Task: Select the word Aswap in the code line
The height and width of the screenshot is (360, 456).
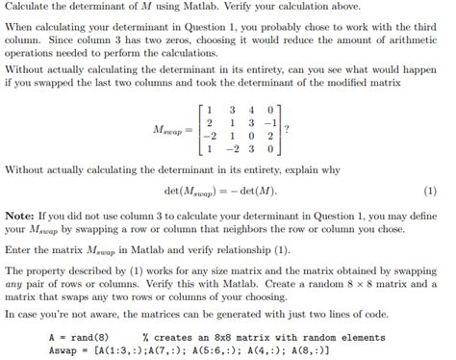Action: (63, 349)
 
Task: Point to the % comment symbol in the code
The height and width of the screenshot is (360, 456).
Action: (143, 338)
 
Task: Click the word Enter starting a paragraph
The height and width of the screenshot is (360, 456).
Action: (18, 248)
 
